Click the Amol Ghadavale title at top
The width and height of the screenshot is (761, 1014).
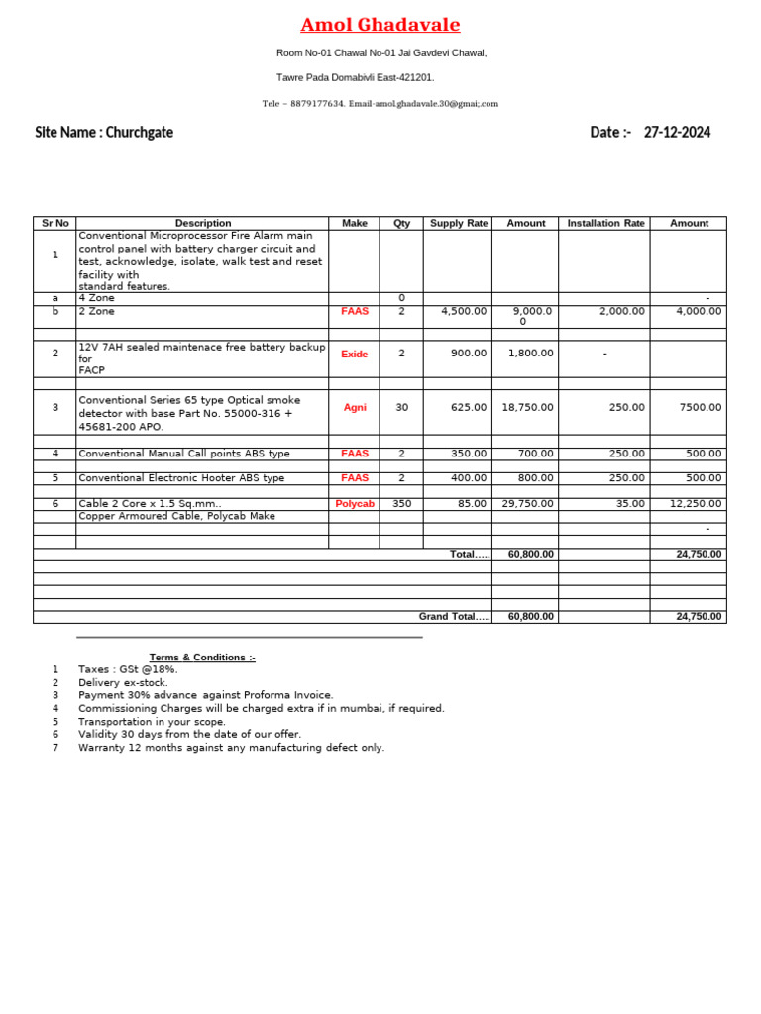tap(380, 25)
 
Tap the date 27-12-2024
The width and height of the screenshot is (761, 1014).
tap(677, 133)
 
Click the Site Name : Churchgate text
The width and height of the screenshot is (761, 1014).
tap(104, 133)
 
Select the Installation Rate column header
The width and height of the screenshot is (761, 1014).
tap(605, 223)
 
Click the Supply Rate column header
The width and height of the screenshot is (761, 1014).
tap(459, 223)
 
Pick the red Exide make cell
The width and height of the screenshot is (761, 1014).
tap(354, 354)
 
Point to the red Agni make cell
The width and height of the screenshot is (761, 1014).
tap(354, 408)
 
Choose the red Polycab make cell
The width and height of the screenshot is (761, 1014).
tap(354, 504)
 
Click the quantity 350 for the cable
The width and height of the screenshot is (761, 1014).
tap(401, 504)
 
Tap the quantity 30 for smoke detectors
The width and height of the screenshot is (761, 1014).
tap(401, 408)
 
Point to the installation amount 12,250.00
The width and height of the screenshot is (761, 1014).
tap(696, 504)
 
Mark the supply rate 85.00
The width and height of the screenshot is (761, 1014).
tap(471, 504)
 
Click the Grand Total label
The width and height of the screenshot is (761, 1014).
tap(454, 616)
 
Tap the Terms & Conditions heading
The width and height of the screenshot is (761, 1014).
tap(202, 658)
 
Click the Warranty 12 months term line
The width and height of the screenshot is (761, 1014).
tap(231, 748)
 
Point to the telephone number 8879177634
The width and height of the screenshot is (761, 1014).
tap(317, 104)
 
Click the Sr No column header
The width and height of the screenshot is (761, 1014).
tap(54, 223)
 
